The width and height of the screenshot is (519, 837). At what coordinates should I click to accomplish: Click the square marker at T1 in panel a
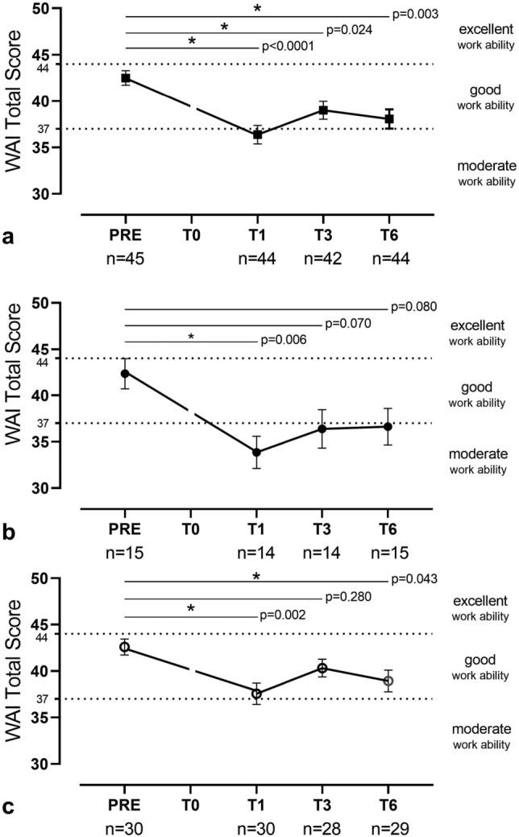tap(257, 135)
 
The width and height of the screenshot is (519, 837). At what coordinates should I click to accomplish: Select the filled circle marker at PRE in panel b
tap(125, 373)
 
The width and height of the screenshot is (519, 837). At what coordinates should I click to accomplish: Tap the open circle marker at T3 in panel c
tap(322, 668)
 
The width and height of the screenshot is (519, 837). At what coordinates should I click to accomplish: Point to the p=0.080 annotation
tap(414, 307)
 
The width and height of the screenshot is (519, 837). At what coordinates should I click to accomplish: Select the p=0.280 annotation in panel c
tap(347, 598)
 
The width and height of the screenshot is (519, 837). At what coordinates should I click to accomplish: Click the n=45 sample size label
tap(125, 259)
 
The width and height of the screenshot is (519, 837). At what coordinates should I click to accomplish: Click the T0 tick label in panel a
tap(191, 237)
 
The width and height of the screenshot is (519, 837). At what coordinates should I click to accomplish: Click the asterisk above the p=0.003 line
tap(257, 9)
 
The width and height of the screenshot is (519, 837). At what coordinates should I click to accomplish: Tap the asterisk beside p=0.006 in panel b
tap(191, 337)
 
